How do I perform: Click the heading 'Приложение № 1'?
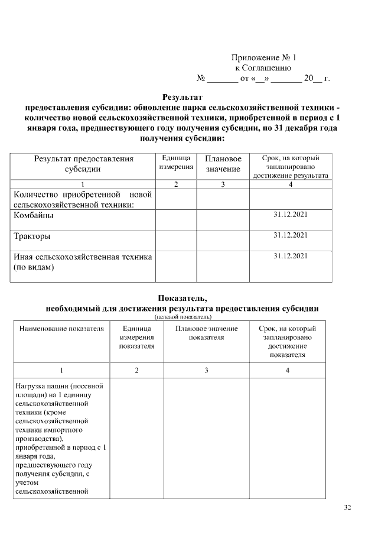(263, 58)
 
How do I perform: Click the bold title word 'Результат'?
(182, 96)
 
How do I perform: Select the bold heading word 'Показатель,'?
(182, 298)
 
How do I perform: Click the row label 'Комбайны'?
(34, 216)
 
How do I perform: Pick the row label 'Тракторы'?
(32, 236)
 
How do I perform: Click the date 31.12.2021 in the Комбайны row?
(291, 215)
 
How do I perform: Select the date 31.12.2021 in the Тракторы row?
(291, 235)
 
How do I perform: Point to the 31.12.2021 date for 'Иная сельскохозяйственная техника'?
(291, 256)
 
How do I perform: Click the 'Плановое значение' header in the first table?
(223, 164)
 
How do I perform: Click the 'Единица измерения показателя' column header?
(136, 337)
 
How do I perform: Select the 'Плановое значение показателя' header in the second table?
(206, 333)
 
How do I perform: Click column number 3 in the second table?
(206, 370)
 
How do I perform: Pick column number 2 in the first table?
(176, 184)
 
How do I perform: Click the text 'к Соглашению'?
(263, 68)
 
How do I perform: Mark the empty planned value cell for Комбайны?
(223, 219)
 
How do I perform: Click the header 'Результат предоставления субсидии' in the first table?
(83, 164)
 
